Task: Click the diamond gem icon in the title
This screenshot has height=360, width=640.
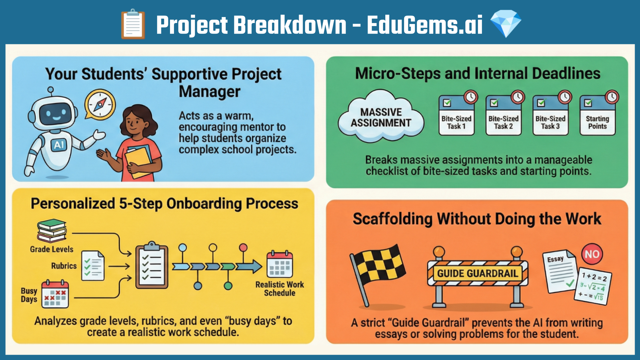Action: (506, 23)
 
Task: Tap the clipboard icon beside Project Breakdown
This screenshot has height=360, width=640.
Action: (133, 24)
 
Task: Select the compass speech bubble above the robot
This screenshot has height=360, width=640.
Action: (100, 104)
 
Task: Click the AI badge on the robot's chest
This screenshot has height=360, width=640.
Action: (59, 145)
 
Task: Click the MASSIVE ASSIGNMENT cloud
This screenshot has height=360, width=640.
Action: (381, 117)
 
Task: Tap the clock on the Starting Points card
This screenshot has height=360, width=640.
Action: (612, 97)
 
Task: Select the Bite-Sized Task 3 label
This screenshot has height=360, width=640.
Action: (550, 122)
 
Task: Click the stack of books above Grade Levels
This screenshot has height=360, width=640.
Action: (52, 230)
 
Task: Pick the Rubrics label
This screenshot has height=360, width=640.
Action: (64, 266)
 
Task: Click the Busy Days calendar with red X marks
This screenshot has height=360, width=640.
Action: (55, 294)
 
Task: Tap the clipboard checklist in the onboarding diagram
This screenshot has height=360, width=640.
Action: (152, 265)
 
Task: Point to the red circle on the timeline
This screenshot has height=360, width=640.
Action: (243, 248)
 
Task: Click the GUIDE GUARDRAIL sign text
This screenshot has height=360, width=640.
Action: (478, 273)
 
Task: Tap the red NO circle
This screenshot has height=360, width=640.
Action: (592, 254)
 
